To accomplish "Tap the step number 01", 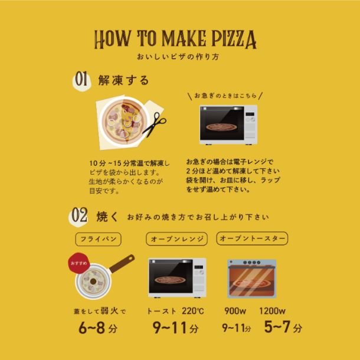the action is pos(81,78).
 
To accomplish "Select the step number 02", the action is pos(79,215).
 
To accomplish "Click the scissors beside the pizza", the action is pos(154,123).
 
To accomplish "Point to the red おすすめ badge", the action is pos(78,263).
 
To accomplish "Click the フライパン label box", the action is pos(99,239).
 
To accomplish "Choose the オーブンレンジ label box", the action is pos(177,239).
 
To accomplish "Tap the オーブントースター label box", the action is pos(252,238).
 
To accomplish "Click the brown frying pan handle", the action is pos(122,263).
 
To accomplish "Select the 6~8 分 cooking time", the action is pos(98,328).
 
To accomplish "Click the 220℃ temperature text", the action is pos(193,311).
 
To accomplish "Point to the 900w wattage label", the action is pos(235,311).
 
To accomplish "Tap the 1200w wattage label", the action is pos(272,311).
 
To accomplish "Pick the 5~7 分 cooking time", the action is pos(283,327).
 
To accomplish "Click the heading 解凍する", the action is pos(124,80).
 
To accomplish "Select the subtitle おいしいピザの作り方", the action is pos(178,57).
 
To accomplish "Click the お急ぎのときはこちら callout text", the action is pos(225,96).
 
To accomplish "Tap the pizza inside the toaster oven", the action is pos(251,283).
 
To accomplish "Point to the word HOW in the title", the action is pos(113,40).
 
